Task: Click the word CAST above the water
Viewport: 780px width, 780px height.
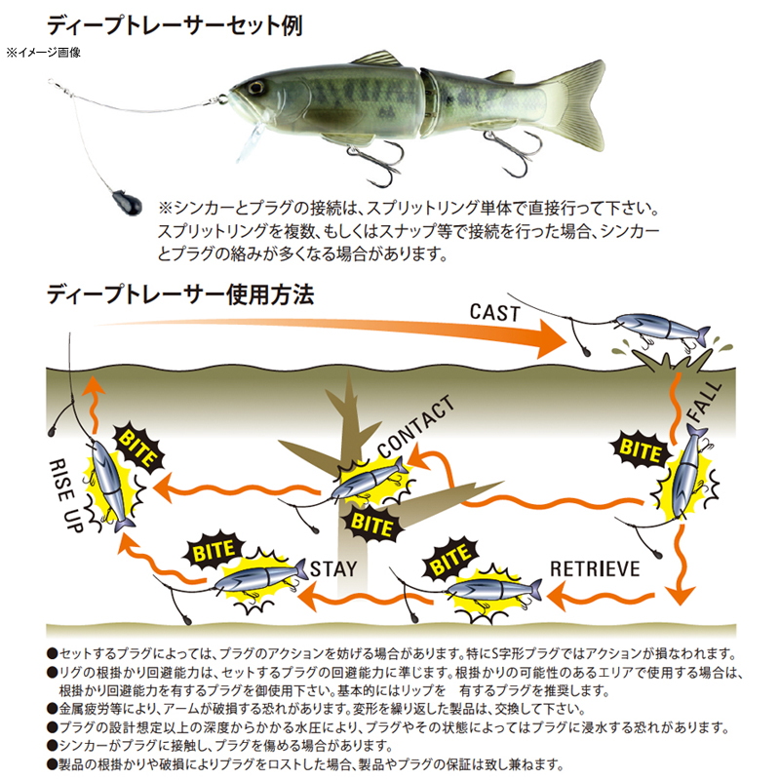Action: [494, 313]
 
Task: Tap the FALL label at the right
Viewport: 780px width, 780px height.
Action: [704, 402]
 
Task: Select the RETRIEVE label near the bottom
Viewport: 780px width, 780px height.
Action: [595, 568]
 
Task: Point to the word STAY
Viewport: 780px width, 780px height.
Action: [333, 568]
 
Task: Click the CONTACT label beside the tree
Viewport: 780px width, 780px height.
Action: [415, 426]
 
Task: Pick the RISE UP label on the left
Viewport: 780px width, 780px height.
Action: [65, 496]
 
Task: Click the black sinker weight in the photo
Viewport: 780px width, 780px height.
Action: [127, 202]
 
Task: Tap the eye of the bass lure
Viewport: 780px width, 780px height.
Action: [256, 88]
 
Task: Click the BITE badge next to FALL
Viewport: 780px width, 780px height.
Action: [640, 450]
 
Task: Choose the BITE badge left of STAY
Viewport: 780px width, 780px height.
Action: [214, 550]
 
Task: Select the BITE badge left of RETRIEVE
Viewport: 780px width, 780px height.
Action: [450, 557]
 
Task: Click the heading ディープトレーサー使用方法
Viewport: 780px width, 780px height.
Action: [180, 294]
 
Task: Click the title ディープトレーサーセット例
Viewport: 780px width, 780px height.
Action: [175, 25]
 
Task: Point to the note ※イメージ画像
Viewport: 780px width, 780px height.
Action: [44, 53]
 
